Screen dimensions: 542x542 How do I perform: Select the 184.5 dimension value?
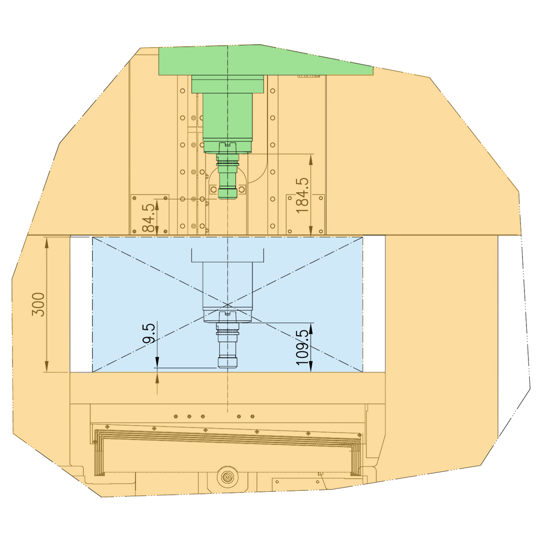[303, 196]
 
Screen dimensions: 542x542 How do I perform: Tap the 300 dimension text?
[38, 305]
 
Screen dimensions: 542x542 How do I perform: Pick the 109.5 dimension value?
[303, 347]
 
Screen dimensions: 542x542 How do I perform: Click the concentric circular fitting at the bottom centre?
[227, 477]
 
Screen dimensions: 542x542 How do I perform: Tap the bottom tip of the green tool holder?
[227, 199]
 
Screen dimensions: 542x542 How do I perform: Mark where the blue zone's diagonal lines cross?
[227, 305]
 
